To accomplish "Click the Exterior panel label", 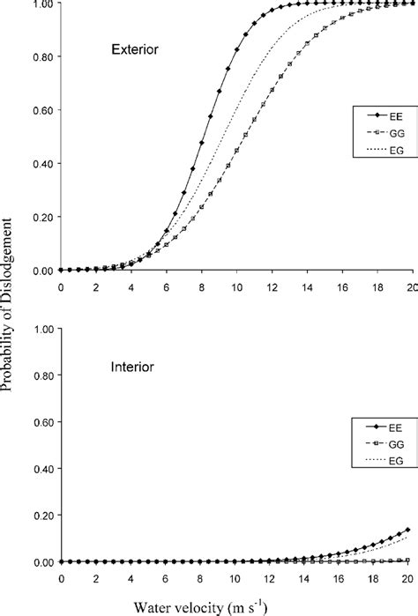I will [134, 50].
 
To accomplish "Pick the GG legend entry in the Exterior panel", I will [388, 133].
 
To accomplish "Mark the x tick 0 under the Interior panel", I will [61, 578].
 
